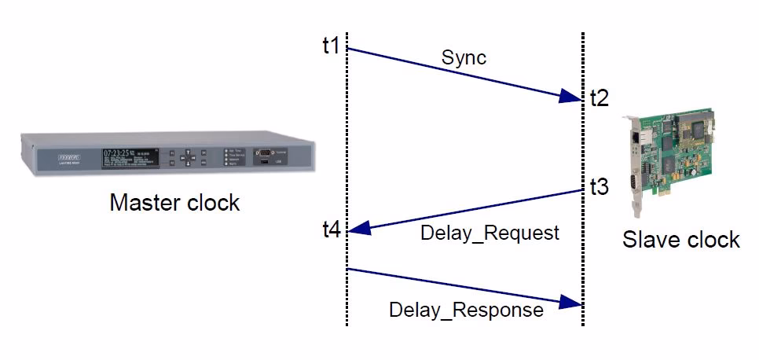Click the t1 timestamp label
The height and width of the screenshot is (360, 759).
point(331,46)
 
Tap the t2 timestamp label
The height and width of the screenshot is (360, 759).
point(599,98)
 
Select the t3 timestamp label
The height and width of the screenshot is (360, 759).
point(599,187)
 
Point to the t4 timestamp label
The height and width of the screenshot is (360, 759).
point(331,231)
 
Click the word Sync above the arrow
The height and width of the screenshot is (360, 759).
point(464,58)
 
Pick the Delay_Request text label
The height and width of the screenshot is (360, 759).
point(489,233)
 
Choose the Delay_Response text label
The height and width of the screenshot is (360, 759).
point(466,310)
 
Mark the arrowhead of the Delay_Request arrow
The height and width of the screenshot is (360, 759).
point(356,230)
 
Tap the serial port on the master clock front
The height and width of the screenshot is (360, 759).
point(263,152)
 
